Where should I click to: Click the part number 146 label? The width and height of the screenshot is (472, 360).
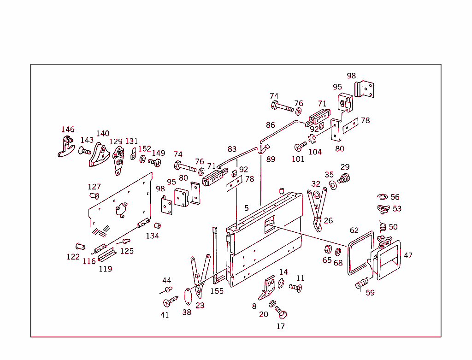point(68,130)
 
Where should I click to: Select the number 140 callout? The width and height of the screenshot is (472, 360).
point(103,134)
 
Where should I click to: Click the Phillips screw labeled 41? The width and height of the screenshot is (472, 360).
point(171,301)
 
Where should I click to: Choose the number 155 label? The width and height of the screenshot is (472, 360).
point(217,291)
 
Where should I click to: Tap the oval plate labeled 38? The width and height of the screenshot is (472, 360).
point(188,296)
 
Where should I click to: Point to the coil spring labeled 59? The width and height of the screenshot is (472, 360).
point(362,283)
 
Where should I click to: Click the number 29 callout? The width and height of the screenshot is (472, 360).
point(345,167)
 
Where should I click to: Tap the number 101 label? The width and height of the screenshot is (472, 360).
point(298,159)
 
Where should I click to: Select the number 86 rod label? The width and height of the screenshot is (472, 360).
point(270,125)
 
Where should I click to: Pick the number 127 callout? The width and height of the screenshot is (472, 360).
point(94,187)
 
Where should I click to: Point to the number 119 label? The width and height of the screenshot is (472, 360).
point(106,269)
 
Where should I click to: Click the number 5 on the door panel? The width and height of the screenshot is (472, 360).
point(247,208)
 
